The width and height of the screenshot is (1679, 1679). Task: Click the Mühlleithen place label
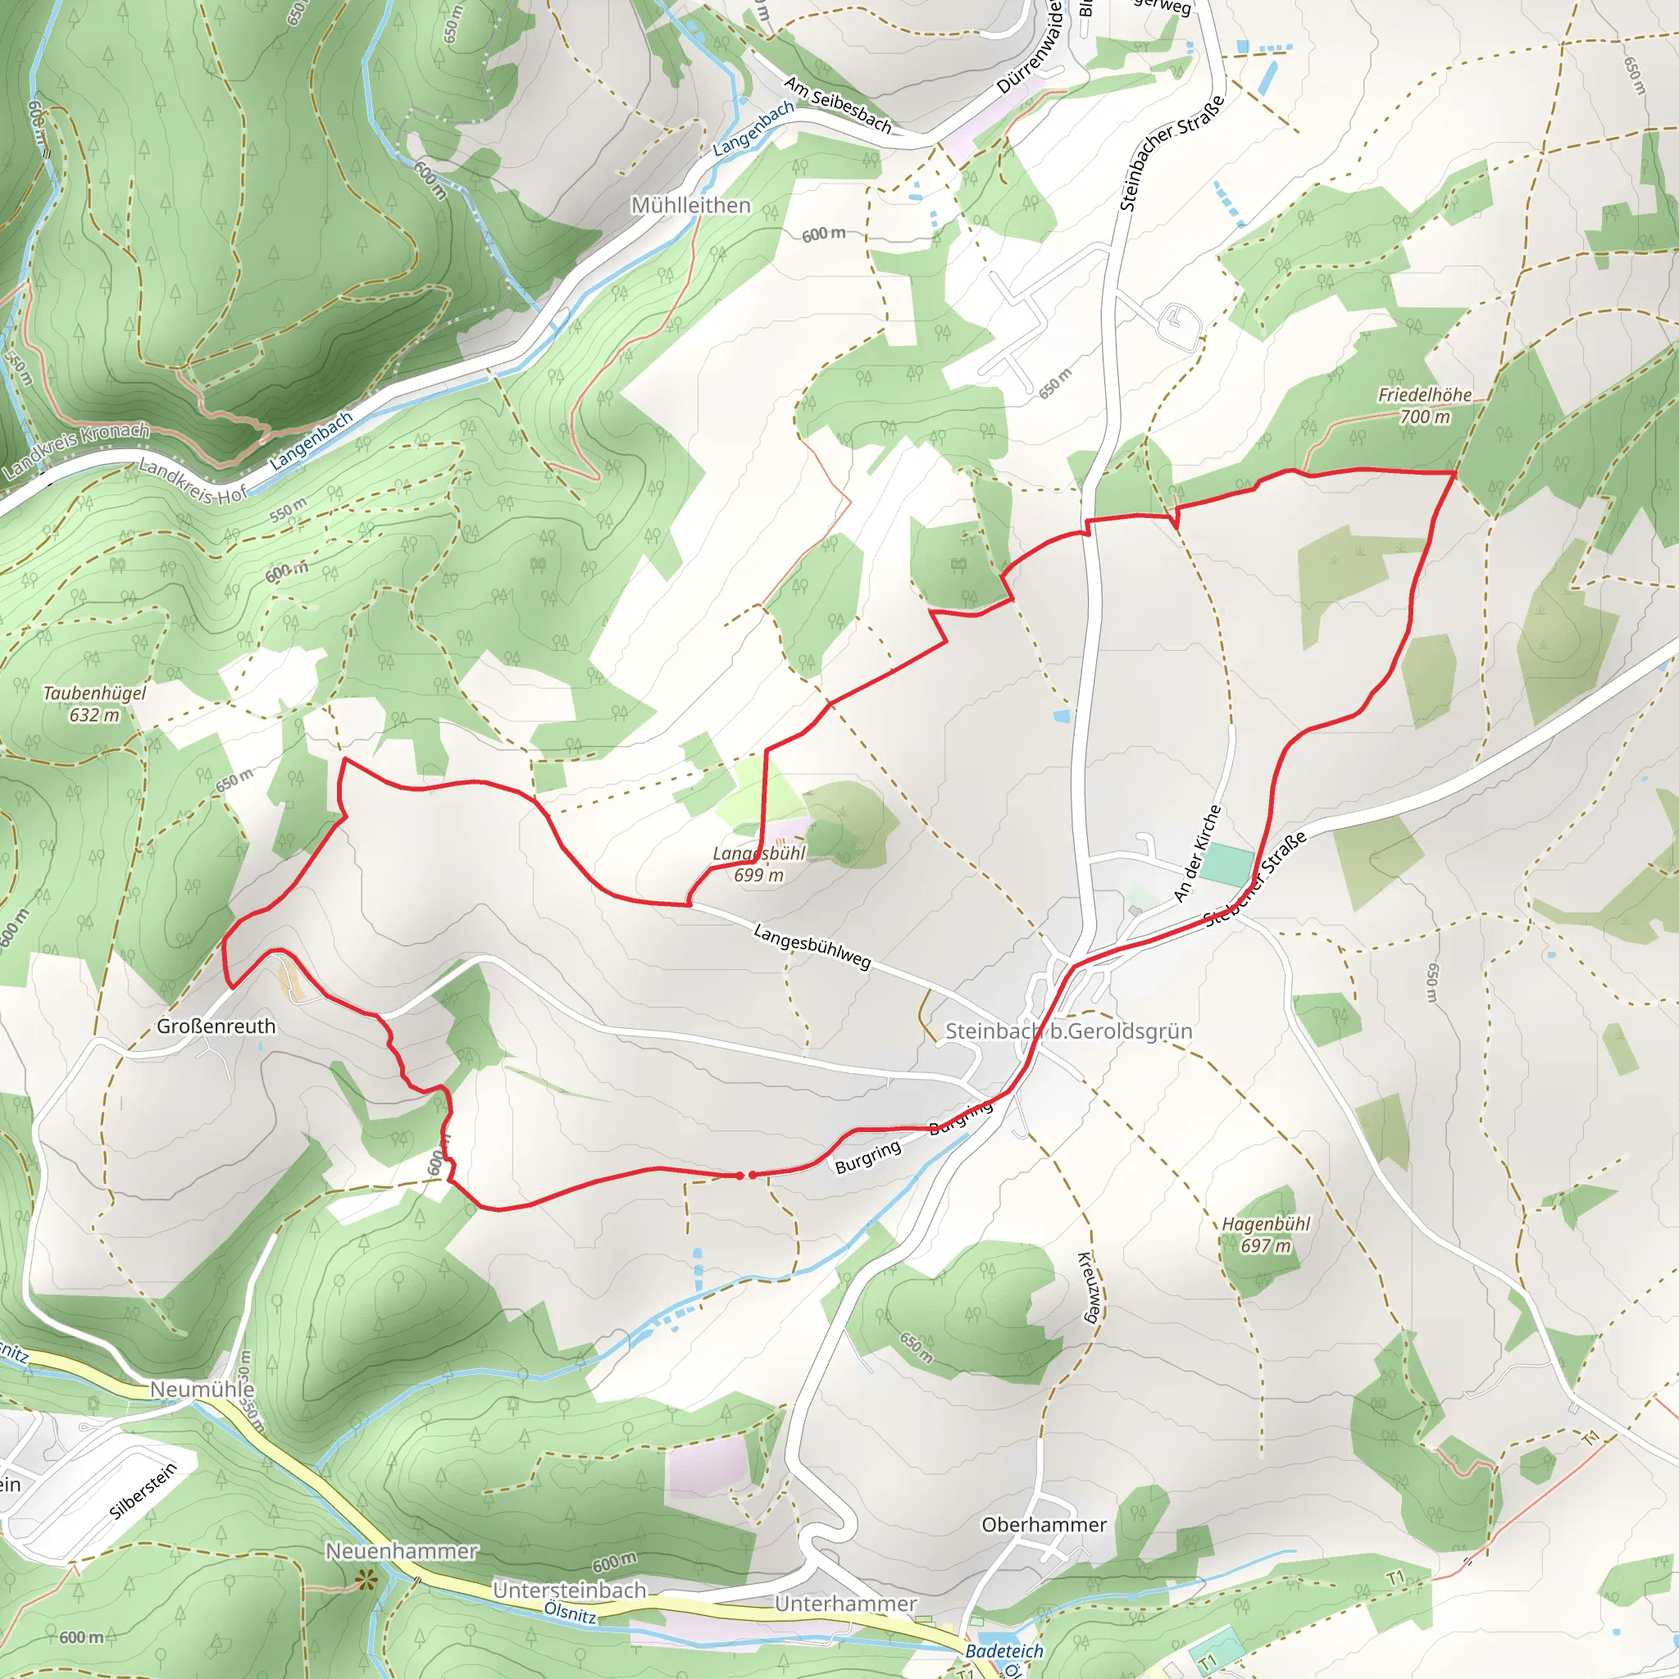click(691, 206)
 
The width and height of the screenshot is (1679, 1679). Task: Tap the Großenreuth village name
click(216, 1026)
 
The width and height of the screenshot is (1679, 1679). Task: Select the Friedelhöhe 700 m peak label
click(1425, 406)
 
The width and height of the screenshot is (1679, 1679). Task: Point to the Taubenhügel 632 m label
click(95, 704)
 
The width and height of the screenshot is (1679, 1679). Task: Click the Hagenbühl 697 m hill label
click(1265, 1235)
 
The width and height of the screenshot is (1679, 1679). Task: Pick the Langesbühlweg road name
click(812, 946)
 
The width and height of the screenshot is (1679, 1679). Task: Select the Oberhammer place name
click(1044, 1525)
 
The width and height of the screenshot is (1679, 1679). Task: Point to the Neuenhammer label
click(402, 1551)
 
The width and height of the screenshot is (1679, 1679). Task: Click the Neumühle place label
click(202, 1390)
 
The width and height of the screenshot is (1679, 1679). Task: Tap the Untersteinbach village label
click(569, 1590)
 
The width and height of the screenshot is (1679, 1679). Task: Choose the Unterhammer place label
click(845, 1604)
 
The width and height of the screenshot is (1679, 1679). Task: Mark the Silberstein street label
click(143, 1491)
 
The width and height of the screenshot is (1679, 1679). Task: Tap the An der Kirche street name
click(1198, 853)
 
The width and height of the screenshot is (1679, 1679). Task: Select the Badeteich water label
click(1004, 1651)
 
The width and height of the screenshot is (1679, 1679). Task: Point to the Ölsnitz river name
click(570, 1613)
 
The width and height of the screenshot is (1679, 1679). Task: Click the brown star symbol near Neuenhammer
click(366, 1581)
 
